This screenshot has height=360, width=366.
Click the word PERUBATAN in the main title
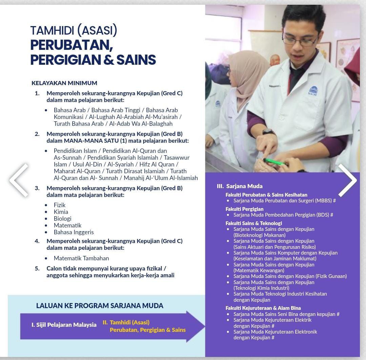[x=72, y=45]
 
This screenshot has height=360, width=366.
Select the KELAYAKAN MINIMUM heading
[x=64, y=83]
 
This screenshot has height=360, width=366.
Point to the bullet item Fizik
[x=60, y=205]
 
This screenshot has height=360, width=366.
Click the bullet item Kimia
[x=61, y=212]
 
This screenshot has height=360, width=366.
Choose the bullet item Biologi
[x=62, y=219]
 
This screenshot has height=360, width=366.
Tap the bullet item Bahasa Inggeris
[x=74, y=232]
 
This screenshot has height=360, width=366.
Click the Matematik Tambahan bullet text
[x=81, y=258]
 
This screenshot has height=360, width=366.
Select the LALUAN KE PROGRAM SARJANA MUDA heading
[x=100, y=306]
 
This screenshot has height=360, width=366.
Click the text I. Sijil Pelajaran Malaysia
[x=64, y=325]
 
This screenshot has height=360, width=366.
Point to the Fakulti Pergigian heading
[x=244, y=209]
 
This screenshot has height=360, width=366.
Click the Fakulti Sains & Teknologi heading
[x=254, y=223]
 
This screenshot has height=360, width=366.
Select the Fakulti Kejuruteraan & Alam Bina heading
[x=263, y=308]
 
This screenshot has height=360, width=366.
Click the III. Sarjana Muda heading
[x=240, y=186]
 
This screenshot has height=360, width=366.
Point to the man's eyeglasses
[x=300, y=40]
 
